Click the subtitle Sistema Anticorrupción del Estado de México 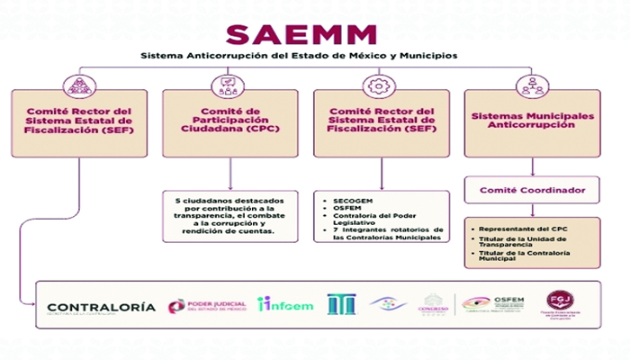298,56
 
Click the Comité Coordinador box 533,190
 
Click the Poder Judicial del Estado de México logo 206,306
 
